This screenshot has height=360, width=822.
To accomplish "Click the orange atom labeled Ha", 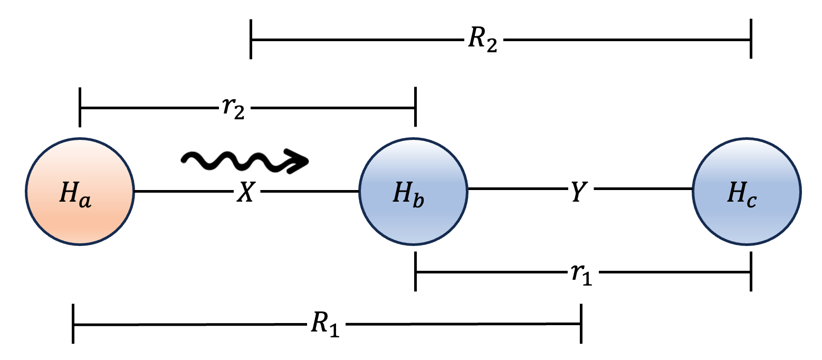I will (80, 191).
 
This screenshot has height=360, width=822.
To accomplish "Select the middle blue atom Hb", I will (414, 191).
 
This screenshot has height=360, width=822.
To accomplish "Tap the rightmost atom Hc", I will (747, 191).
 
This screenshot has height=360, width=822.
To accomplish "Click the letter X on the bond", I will (246, 193).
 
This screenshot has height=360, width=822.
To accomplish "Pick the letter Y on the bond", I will (579, 193).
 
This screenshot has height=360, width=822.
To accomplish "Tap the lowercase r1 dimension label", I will (581, 274).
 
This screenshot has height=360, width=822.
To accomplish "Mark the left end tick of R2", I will (252, 39).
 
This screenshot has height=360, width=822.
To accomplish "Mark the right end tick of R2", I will (750, 39).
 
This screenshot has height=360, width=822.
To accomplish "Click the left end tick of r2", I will (80, 108).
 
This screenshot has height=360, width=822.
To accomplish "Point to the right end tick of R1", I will (581, 324).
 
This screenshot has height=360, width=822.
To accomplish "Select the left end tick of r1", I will (416, 272).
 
